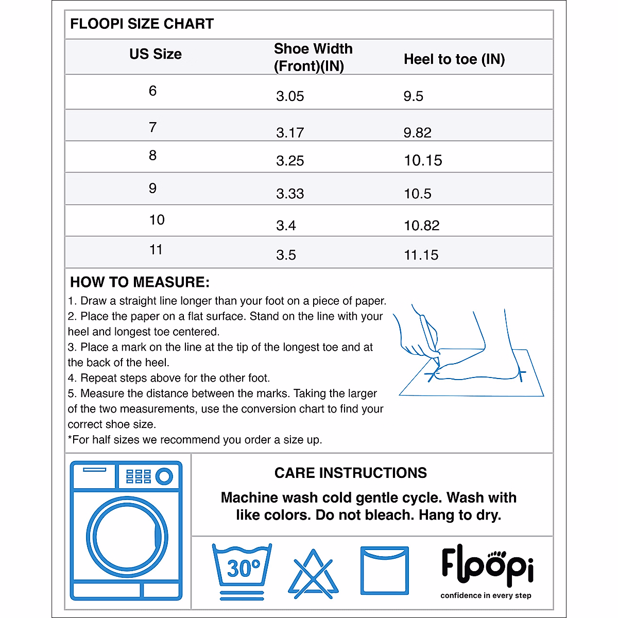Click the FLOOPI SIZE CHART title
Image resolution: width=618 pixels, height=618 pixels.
tap(142, 24)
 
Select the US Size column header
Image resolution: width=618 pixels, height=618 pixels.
tap(156, 54)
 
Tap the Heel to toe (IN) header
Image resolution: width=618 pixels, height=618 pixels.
tap(454, 59)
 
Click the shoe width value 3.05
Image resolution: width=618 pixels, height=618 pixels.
tap(290, 96)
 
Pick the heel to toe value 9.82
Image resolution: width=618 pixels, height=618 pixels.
tap(417, 132)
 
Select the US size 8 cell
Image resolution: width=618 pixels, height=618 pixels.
tap(152, 156)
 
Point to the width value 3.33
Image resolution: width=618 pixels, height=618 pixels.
tap(290, 194)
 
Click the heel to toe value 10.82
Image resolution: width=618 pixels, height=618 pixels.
tap(421, 226)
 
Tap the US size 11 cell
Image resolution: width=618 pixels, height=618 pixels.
tap(156, 250)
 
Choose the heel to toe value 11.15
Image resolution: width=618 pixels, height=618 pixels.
tap(421, 255)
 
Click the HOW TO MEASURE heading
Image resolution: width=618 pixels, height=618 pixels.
tap(140, 282)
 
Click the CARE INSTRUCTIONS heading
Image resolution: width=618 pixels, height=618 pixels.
tap(350, 473)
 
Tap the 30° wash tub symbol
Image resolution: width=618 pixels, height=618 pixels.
tap(242, 569)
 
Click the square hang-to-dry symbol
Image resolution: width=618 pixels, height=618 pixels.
tap(384, 571)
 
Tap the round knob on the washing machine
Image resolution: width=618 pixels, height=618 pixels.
tap(164, 476)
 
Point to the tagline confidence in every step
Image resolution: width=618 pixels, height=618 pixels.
tap(486, 595)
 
